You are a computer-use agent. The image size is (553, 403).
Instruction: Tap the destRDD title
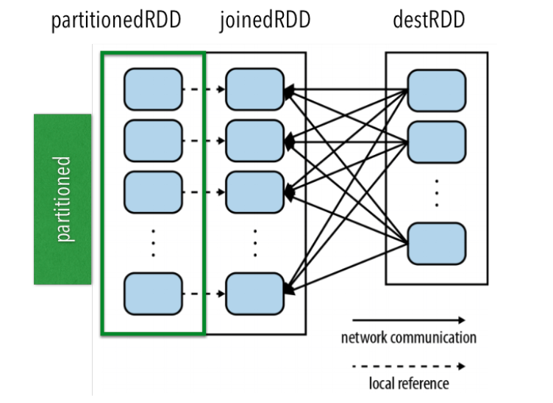click(x=429, y=21)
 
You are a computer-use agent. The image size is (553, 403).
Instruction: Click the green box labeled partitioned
click(x=63, y=199)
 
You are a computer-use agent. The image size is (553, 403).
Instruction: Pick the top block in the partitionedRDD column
click(x=153, y=90)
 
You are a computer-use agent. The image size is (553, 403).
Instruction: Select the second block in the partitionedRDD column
click(x=153, y=140)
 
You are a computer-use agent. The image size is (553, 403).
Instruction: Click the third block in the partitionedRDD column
click(x=153, y=191)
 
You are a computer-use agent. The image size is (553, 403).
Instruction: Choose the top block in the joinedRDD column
click(x=254, y=90)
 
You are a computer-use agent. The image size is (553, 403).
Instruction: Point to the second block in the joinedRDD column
click(x=254, y=140)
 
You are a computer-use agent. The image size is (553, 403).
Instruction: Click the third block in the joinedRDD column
click(x=254, y=191)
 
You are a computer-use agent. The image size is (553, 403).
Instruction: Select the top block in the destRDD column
click(x=436, y=91)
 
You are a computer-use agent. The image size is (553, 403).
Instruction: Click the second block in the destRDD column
click(x=436, y=142)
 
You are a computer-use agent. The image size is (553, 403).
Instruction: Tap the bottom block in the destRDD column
click(x=436, y=244)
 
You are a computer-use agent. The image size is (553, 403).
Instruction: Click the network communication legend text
click(x=408, y=338)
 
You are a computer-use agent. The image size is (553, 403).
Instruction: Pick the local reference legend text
click(x=408, y=382)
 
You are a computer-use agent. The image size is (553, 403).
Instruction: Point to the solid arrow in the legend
click(x=408, y=320)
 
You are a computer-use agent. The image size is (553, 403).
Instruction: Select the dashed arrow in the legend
click(x=408, y=366)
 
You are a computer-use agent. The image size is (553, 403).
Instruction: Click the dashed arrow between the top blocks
click(x=204, y=90)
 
